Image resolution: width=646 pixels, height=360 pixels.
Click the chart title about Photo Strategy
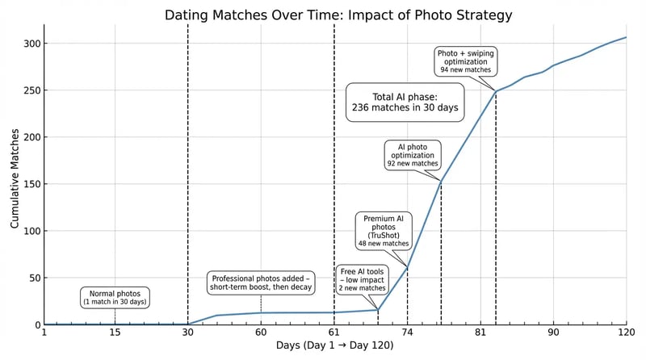pyautogui.click(x=338, y=15)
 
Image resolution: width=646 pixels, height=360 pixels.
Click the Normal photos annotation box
pyautogui.click(x=115, y=297)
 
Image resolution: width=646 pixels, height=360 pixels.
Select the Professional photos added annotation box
pyautogui.click(x=261, y=282)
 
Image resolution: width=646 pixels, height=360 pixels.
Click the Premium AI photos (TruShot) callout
pyautogui.click(x=384, y=230)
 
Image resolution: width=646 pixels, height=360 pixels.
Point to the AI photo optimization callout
pyautogui.click(x=413, y=154)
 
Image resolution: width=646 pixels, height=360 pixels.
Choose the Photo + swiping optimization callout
pyautogui.click(x=465, y=61)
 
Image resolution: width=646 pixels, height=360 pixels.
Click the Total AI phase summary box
pyautogui.click(x=405, y=103)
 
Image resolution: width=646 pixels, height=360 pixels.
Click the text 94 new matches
pyautogui.click(x=465, y=70)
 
